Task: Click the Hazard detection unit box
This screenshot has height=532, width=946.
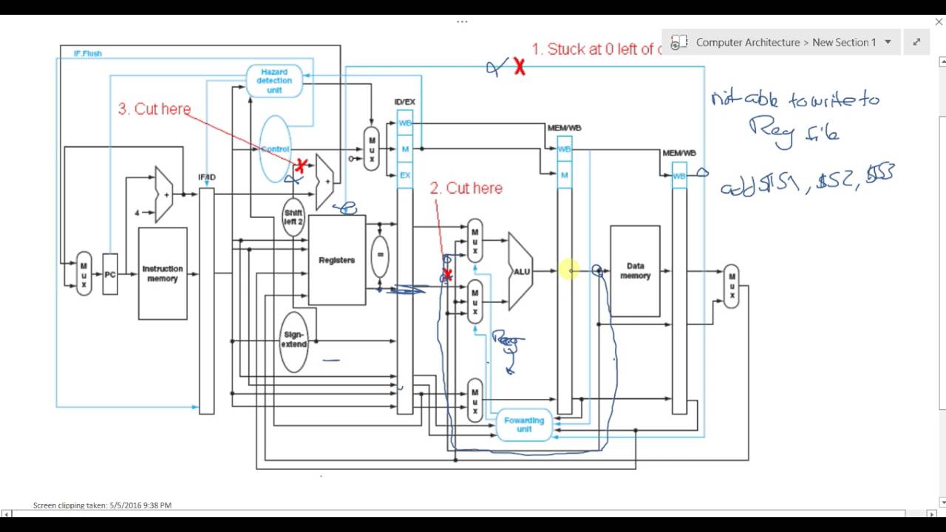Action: (x=274, y=81)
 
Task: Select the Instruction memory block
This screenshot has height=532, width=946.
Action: (x=163, y=274)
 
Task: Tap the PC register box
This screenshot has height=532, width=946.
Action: (x=110, y=274)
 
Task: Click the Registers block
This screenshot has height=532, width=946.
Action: (x=336, y=260)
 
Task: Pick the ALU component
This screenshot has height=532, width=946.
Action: (x=522, y=271)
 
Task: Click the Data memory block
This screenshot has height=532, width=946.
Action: (x=635, y=270)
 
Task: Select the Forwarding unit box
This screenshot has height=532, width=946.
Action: (x=524, y=425)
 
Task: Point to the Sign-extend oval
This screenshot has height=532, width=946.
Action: (x=293, y=340)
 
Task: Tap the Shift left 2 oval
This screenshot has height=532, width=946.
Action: (x=293, y=217)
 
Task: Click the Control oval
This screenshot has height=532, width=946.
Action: (x=275, y=149)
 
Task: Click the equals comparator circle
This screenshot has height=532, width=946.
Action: (x=379, y=256)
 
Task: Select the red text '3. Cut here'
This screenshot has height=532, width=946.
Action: (x=154, y=109)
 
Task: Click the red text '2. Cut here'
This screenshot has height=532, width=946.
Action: (x=466, y=188)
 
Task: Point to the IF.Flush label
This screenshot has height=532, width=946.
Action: (x=88, y=54)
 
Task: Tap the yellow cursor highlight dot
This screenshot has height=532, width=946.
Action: (x=569, y=271)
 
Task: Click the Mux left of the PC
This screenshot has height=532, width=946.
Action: (x=84, y=274)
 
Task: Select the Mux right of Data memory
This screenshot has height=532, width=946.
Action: (x=731, y=286)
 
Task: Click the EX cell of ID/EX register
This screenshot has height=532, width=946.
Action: (x=405, y=176)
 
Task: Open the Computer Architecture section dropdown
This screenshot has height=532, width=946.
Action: (x=888, y=42)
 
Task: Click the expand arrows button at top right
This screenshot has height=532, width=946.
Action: (x=916, y=42)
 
